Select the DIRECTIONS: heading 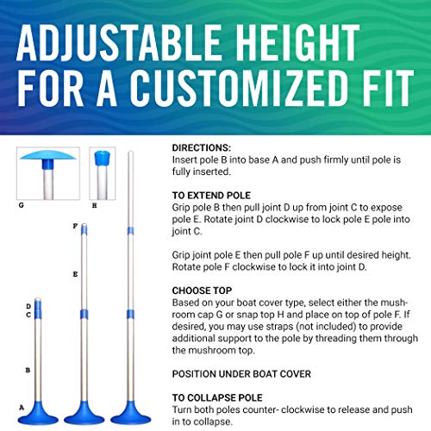(x=202, y=148)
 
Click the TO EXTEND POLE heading (x=211, y=197)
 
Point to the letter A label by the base (x=22, y=406)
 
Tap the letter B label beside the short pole (x=28, y=369)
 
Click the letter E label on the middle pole (x=76, y=274)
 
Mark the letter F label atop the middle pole (x=75, y=226)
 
